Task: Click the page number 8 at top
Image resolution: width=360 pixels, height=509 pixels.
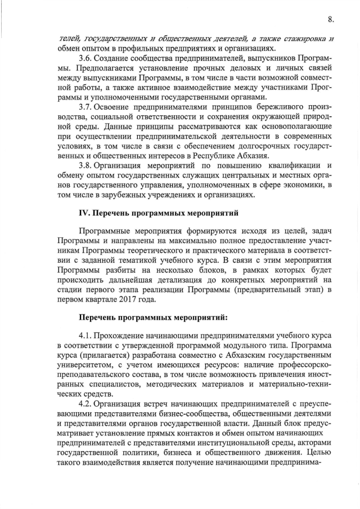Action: click(331, 19)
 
